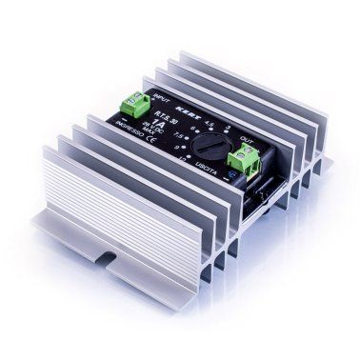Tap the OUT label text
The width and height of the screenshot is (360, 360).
[x=247, y=139]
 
